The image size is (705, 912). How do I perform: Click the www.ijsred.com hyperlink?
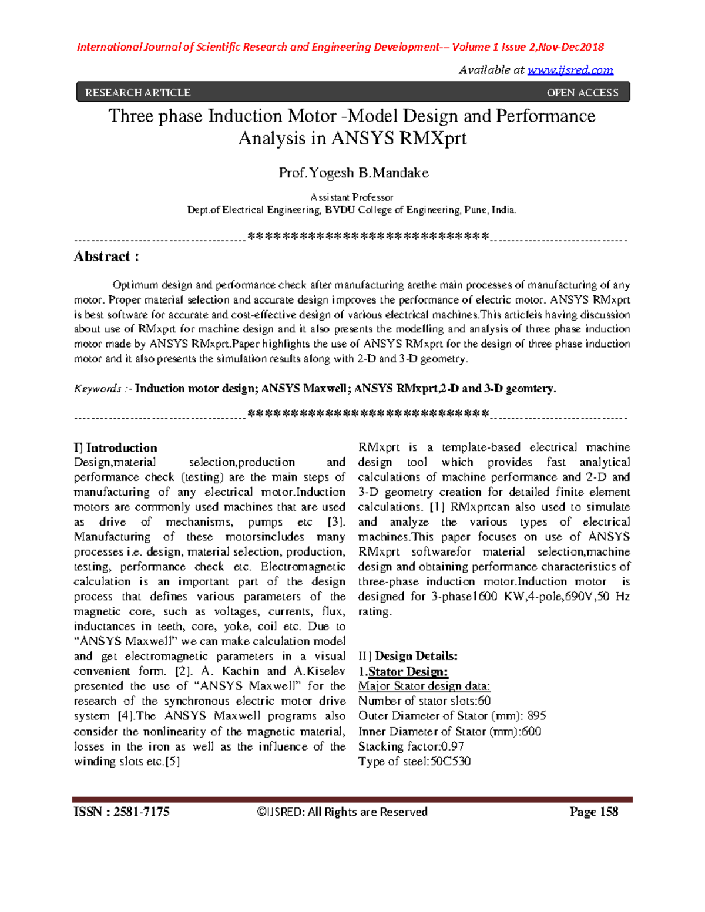pos(570,70)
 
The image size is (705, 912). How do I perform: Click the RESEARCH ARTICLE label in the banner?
pos(137,93)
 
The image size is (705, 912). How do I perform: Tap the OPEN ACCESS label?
pos(582,93)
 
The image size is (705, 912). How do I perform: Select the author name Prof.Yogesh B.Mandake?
pos(353,173)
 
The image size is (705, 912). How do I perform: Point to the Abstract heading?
pos(106,257)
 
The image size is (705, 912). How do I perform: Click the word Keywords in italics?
pos(98,389)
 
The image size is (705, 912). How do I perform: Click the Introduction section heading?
pos(121,448)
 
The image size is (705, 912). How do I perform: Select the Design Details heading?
pos(415,656)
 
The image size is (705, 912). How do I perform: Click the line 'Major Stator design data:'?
pos(424,686)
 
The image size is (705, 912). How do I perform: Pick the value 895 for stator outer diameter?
pos(536,716)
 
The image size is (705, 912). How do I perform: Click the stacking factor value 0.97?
pos(452,746)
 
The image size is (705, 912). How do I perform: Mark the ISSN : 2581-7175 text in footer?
pos(122,812)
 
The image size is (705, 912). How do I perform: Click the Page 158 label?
pos(593,812)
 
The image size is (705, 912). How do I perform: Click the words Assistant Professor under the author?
pos(351,197)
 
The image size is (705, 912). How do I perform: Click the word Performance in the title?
pos(545,116)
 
